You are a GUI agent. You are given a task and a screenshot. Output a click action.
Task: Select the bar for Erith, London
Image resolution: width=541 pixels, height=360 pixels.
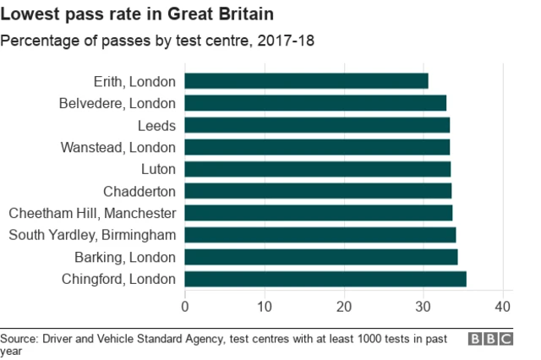click(x=306, y=81)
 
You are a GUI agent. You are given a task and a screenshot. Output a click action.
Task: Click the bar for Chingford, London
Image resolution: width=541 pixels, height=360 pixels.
click(x=325, y=279)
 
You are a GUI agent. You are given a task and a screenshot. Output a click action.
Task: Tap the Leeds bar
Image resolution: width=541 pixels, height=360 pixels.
click(x=317, y=125)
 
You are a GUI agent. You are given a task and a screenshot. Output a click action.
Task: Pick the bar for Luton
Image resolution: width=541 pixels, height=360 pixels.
click(x=317, y=169)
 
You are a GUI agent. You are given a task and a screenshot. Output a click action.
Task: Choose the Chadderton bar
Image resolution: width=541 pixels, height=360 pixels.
click(x=318, y=191)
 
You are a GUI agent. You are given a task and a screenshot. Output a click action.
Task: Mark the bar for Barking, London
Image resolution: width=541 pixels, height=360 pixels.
click(x=321, y=257)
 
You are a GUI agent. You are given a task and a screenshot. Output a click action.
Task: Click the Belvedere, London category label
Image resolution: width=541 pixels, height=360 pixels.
click(x=117, y=103)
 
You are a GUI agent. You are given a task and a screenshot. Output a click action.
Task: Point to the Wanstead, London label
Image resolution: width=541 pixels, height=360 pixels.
click(x=118, y=147)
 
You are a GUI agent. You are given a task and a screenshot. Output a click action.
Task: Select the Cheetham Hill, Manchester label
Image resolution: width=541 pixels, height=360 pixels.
click(x=92, y=213)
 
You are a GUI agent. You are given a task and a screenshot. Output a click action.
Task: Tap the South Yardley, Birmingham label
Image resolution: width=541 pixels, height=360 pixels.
click(x=92, y=235)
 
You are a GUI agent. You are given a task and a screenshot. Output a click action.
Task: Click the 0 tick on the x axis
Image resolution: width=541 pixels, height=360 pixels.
click(x=185, y=306)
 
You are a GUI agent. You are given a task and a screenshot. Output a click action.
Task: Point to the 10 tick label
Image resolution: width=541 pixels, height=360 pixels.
click(x=265, y=306)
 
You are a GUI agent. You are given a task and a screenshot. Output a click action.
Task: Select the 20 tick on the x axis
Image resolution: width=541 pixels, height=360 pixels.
click(x=344, y=306)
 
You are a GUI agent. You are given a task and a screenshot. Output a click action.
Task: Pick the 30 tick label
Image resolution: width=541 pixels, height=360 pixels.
click(x=424, y=306)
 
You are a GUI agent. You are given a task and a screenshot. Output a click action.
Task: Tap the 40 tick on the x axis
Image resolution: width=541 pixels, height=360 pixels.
click(x=503, y=306)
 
